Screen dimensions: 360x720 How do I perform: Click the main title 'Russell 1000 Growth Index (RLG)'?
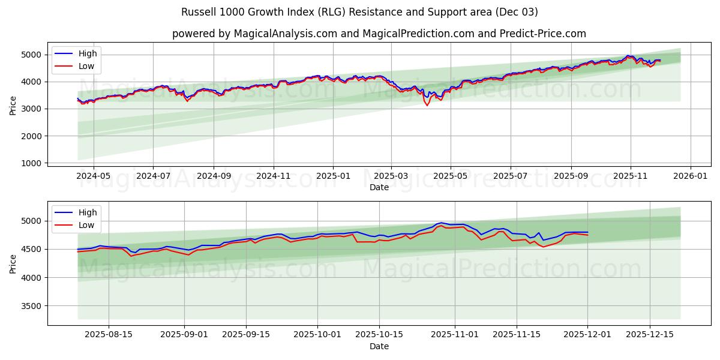[x=359, y=12]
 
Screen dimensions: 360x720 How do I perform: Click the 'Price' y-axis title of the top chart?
[x=13, y=104]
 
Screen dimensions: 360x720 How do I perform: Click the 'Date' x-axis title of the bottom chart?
[x=379, y=346]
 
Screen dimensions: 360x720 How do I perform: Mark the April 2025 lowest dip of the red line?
[x=427, y=106]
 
